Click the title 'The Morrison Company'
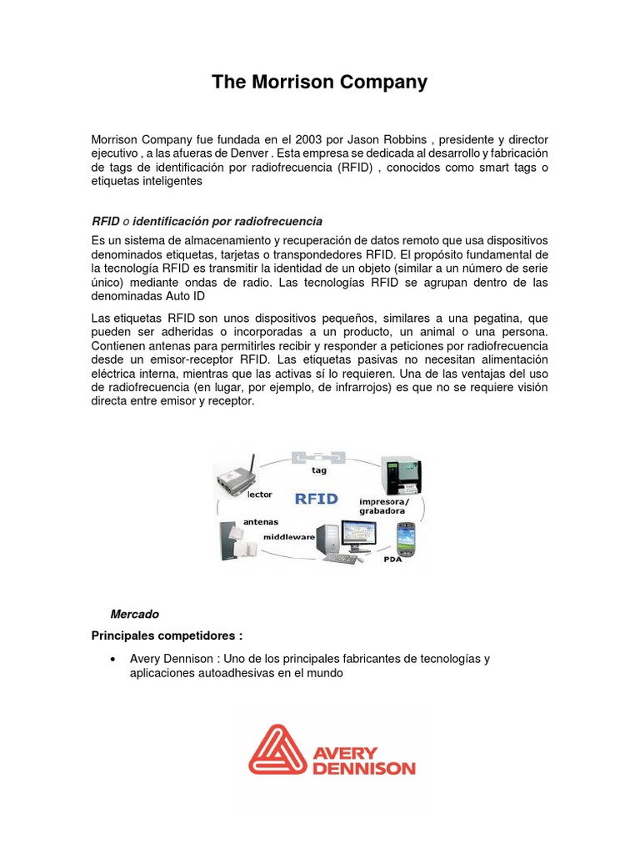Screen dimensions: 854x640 319,82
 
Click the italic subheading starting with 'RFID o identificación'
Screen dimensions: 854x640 207,220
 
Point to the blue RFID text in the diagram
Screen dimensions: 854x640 316,499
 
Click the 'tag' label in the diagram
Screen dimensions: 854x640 319,470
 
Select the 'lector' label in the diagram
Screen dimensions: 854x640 260,495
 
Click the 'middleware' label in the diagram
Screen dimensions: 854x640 289,537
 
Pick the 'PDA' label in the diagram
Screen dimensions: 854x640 392,560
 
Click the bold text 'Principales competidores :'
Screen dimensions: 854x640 167,635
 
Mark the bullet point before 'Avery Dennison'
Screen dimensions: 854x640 112,659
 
